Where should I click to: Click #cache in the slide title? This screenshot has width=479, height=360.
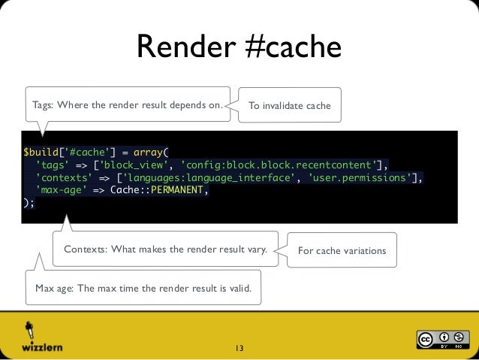294,48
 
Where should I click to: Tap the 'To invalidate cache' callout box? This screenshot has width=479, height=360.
289,106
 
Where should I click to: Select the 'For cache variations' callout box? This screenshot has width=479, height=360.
342,250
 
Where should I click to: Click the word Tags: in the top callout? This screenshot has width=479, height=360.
43,105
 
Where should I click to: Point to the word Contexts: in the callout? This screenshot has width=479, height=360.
86,250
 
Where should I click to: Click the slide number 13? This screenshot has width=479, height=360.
239,348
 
